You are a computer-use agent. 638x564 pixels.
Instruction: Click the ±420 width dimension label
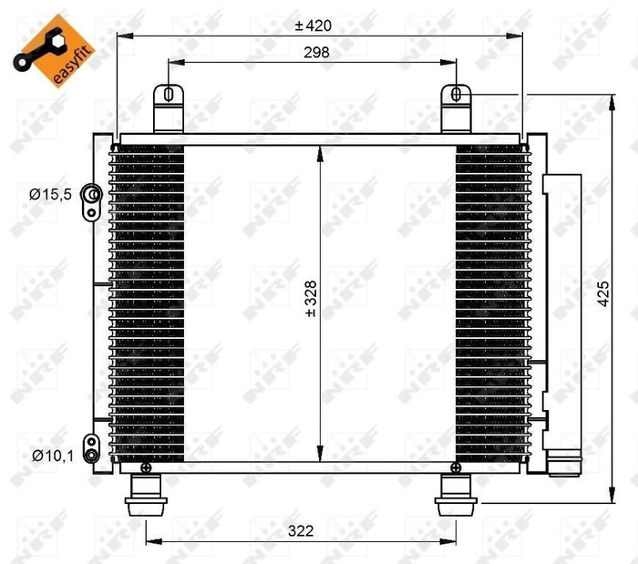(314, 26)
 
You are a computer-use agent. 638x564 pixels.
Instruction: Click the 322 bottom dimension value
(301, 529)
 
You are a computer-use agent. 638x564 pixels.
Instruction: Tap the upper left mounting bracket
(168, 109)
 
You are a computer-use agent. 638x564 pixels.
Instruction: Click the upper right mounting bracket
(458, 109)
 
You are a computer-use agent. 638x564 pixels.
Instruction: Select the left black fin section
(148, 301)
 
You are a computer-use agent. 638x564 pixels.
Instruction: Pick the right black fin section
(490, 301)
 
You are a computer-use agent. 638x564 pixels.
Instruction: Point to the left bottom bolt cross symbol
(146, 467)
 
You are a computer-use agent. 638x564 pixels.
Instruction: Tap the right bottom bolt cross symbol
(455, 467)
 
